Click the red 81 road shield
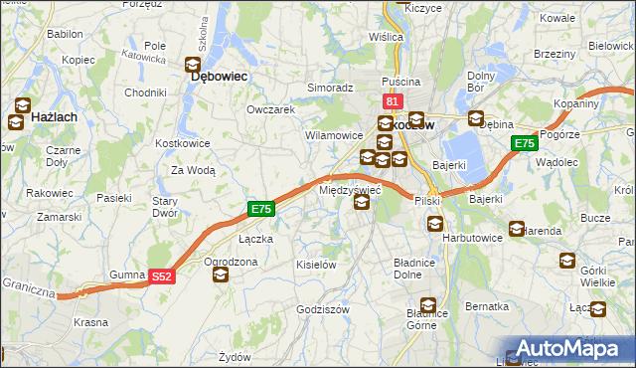(x=392, y=102)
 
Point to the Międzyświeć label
(x=350, y=188)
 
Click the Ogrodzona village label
(x=231, y=262)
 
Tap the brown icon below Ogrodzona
(x=220, y=275)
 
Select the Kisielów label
(x=317, y=265)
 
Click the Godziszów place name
(x=324, y=309)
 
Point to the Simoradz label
(x=330, y=88)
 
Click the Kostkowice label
(x=182, y=143)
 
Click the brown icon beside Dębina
(x=475, y=118)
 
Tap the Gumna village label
(x=128, y=274)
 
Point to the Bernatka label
(x=486, y=306)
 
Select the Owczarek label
(x=270, y=109)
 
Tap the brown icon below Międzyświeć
(x=362, y=203)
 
